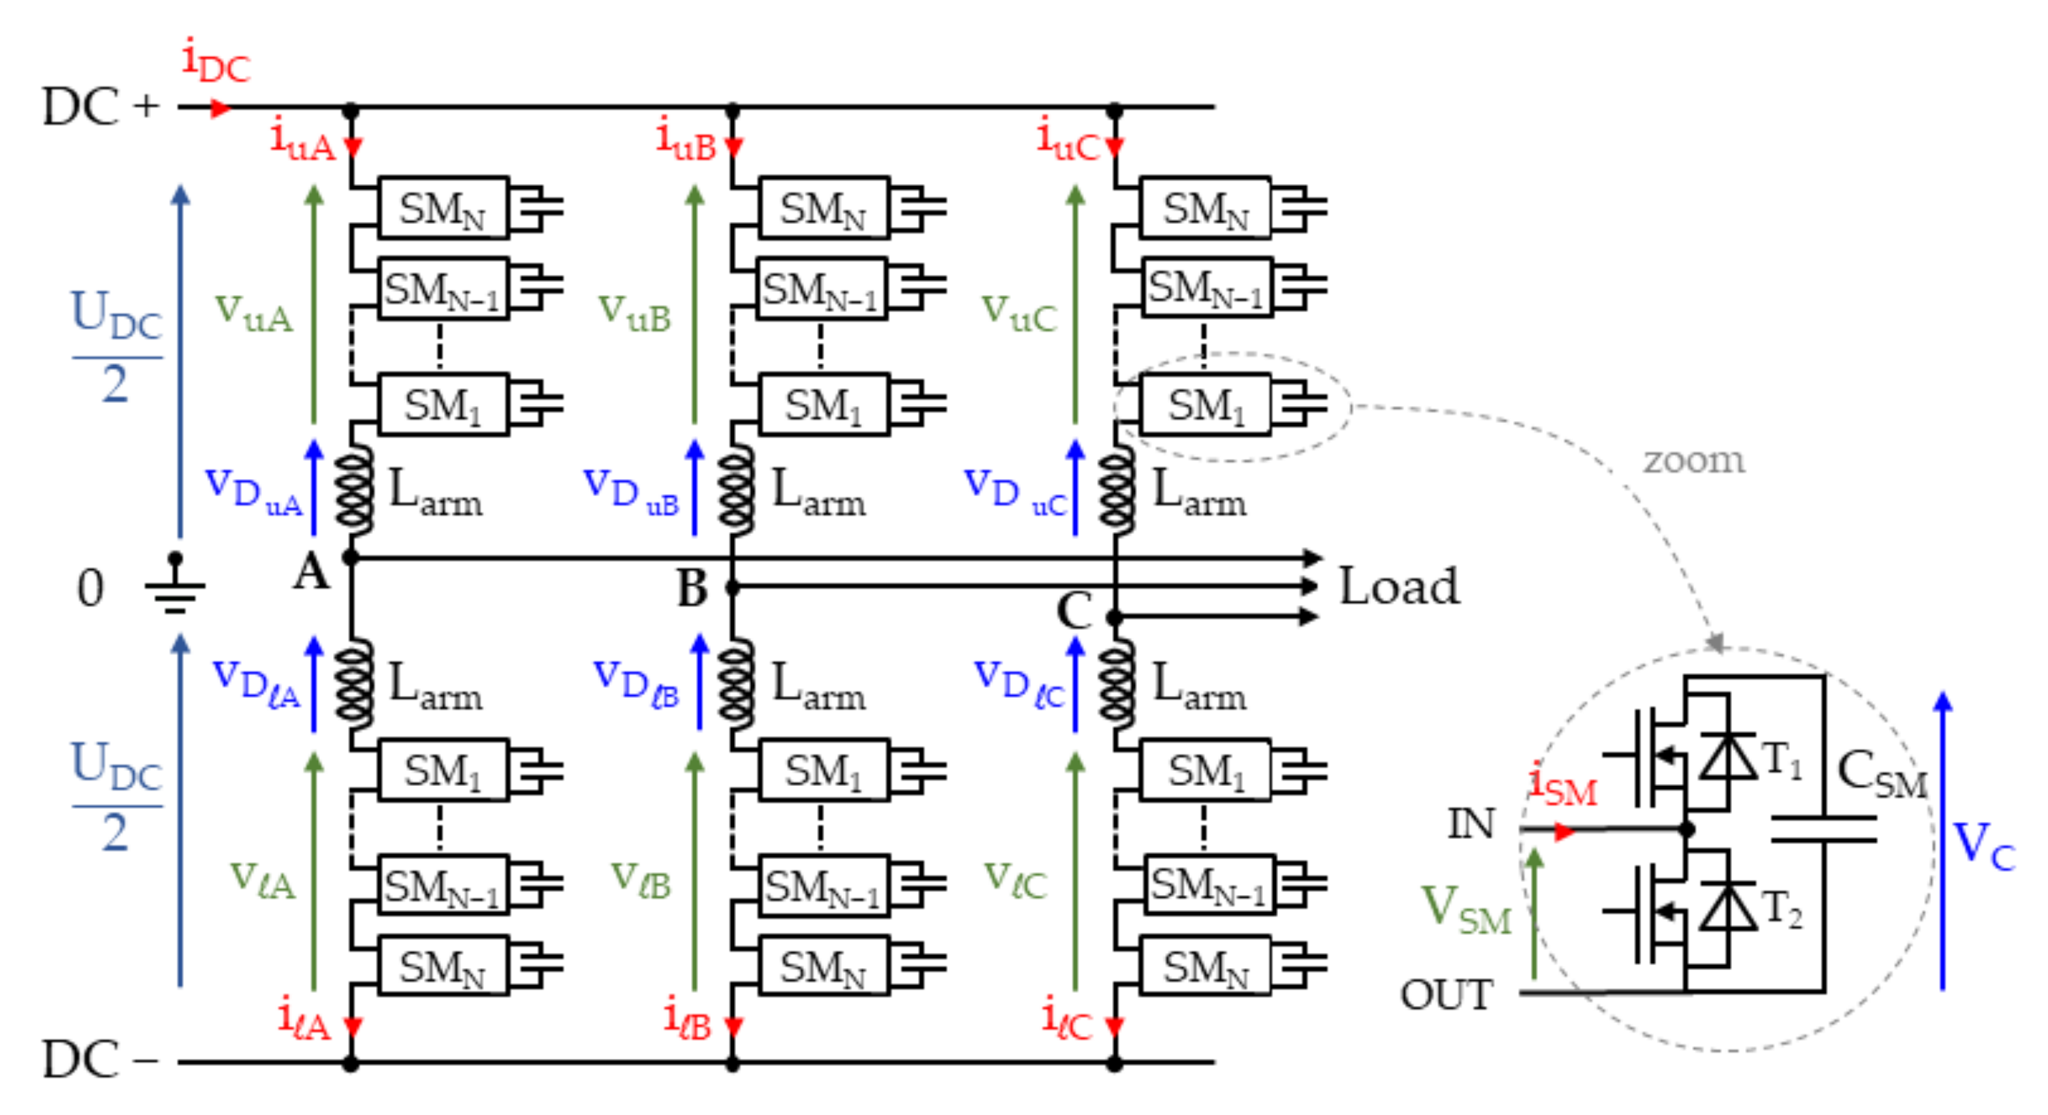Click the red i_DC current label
(215, 62)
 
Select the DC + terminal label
(99, 106)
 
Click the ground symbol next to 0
(176, 588)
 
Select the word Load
(1400, 586)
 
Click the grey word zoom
(1693, 460)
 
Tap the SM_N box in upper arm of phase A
(443, 208)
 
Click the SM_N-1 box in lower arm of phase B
(822, 885)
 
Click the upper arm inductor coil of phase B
(735, 491)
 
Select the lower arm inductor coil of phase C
(1116, 685)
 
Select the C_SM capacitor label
(1881, 774)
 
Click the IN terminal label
(1471, 823)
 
